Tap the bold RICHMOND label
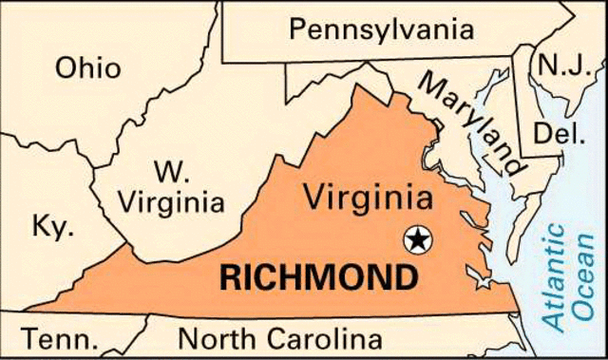(318, 279)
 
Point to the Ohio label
(87, 68)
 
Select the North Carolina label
(281, 339)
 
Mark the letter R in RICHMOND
(231, 279)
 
